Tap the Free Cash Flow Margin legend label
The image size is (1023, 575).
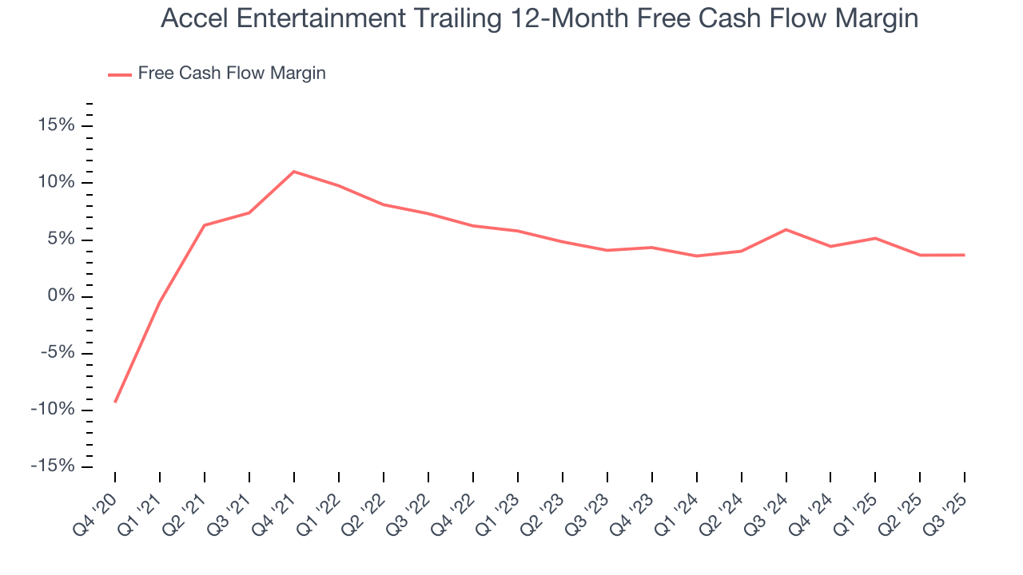(231, 73)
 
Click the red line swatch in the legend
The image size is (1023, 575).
(120, 74)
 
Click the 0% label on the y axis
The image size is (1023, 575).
(61, 297)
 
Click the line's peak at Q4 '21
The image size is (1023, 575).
(294, 172)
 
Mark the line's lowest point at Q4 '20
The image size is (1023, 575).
(115, 402)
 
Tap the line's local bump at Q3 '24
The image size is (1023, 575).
(786, 230)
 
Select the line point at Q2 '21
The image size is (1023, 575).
(205, 225)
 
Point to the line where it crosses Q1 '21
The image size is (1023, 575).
(160, 302)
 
